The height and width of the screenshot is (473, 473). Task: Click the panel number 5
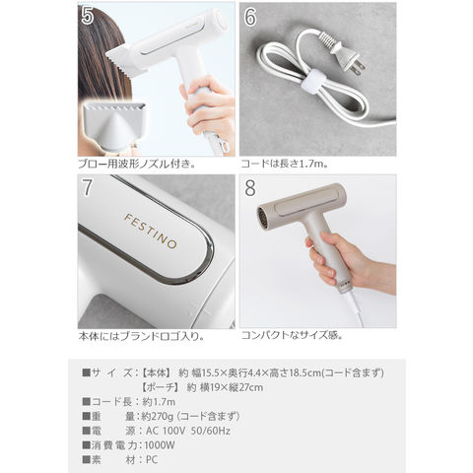(88, 16)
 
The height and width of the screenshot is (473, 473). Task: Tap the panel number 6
(250, 17)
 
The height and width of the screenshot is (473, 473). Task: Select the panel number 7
(87, 187)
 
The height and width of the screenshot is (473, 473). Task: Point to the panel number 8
(250, 188)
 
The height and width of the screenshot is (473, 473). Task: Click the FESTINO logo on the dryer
(151, 232)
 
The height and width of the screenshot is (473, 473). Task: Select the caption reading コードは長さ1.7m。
(285, 164)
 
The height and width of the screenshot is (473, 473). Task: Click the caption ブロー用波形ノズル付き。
(137, 164)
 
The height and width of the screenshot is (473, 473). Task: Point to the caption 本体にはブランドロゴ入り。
(141, 336)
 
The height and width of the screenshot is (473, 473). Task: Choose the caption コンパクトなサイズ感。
(293, 335)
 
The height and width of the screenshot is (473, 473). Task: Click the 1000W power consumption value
(160, 445)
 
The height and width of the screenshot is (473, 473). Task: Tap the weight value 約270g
(157, 417)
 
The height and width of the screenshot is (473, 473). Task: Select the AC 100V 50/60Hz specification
(188, 431)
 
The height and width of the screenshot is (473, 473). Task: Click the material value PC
(152, 460)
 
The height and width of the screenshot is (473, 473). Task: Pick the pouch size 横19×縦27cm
(232, 387)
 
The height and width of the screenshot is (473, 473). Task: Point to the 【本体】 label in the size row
(156, 373)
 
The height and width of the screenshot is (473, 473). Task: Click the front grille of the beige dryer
(263, 217)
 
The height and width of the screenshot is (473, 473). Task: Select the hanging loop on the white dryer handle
(226, 146)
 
